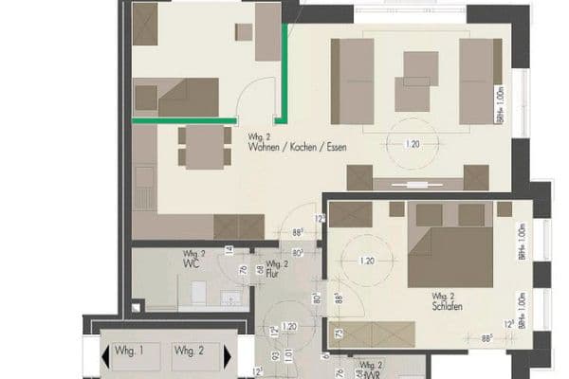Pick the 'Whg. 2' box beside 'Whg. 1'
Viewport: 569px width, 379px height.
(x=189, y=352)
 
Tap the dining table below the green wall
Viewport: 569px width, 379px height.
(x=203, y=147)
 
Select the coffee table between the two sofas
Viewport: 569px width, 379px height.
(x=413, y=81)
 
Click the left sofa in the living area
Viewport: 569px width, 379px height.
(x=353, y=81)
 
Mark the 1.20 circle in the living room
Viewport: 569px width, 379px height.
(x=412, y=144)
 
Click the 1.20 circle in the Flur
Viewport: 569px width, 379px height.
(x=288, y=327)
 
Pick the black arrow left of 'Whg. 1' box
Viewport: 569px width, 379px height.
(x=103, y=357)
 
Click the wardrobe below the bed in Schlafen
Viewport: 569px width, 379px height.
(x=378, y=334)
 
